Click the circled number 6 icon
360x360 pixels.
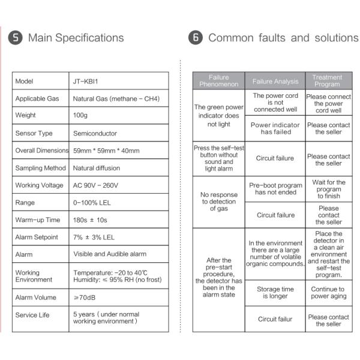(196, 38)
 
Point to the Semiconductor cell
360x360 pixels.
(95, 133)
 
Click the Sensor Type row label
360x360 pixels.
(34, 133)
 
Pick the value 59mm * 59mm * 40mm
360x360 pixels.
(106, 151)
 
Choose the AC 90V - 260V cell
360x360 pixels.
(96, 185)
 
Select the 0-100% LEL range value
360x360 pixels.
(92, 203)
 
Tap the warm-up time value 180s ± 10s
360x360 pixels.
(93, 220)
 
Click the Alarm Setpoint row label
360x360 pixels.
(37, 238)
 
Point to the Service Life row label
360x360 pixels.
(32, 315)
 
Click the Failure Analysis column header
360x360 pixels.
(275, 81)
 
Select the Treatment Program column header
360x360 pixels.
(328, 81)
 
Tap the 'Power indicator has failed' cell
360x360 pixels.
(275, 128)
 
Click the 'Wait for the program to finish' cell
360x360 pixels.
(328, 189)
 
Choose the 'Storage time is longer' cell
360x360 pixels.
(275, 292)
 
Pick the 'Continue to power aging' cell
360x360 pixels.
(328, 292)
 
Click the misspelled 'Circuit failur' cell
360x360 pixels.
(275, 319)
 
